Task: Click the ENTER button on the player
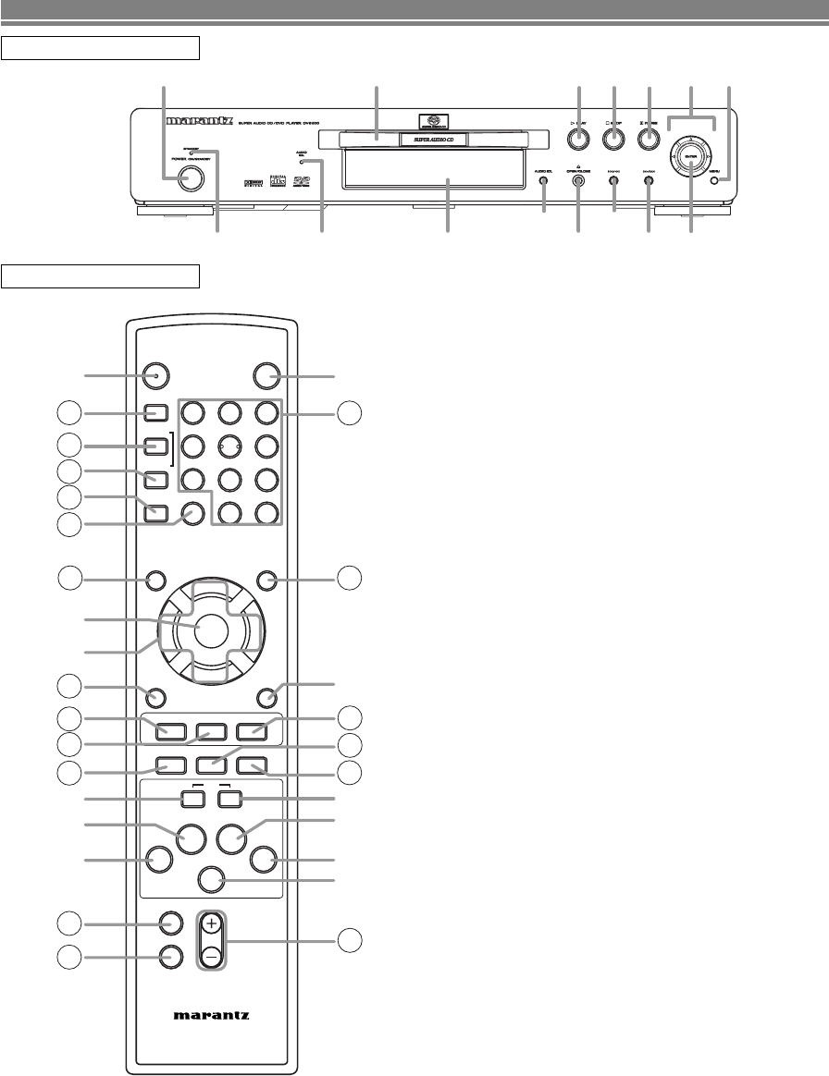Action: [688, 156]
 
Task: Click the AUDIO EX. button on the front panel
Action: [543, 179]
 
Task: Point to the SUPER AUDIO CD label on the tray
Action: [433, 141]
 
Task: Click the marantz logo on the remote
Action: [211, 1013]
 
